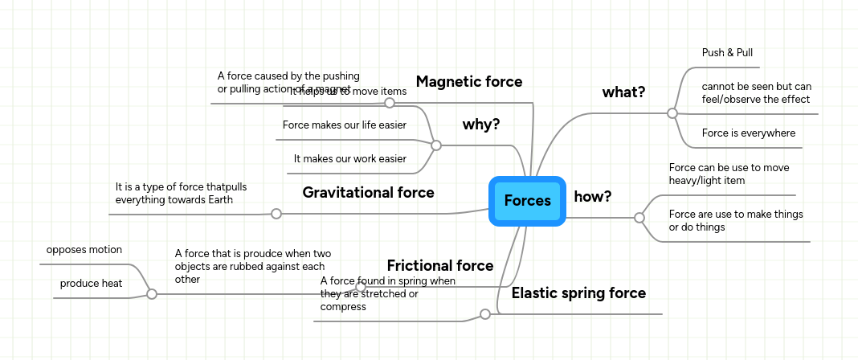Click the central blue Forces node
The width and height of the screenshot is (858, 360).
527,201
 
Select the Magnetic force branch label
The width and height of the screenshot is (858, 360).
468,82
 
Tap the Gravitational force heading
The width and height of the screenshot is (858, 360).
368,193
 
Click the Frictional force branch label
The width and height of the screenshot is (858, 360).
439,266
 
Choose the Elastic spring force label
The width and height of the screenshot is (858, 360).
578,293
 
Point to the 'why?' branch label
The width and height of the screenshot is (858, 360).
481,125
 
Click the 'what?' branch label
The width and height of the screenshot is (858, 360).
623,92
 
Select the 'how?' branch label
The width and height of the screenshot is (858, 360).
593,197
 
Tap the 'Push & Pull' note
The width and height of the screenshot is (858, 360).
727,53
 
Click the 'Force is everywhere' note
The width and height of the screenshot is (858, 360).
748,133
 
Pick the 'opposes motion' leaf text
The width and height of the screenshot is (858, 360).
84,250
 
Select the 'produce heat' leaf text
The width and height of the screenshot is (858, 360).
91,284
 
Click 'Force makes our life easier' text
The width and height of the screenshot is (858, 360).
344,125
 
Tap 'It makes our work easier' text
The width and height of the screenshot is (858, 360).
349,159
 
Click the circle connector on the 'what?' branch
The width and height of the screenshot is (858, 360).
672,114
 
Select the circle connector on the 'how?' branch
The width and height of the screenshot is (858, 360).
639,218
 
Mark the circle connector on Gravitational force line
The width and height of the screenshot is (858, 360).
276,214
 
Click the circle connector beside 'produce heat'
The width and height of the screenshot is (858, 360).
151,295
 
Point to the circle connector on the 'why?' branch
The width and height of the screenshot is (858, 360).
436,145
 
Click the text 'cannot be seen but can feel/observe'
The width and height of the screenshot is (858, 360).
756,92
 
